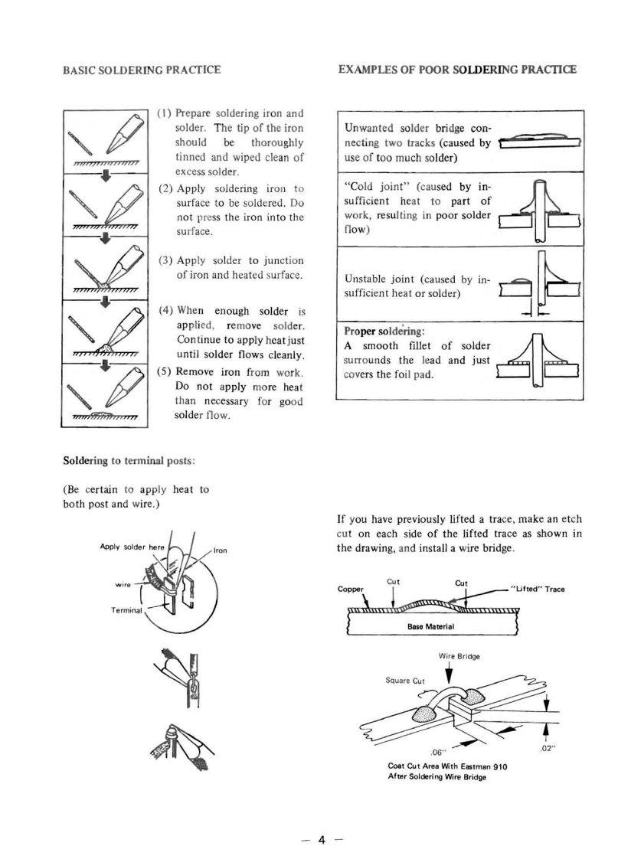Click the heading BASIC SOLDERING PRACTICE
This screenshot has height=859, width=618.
click(142, 70)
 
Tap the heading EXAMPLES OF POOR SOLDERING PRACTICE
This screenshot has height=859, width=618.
click(457, 70)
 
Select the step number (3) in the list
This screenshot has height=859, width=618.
click(165, 261)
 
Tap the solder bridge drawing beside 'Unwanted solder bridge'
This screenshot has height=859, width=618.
click(539, 142)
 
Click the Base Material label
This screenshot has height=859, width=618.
click(433, 625)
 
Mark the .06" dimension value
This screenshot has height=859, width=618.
click(439, 751)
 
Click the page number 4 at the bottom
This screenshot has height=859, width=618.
click(322, 818)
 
